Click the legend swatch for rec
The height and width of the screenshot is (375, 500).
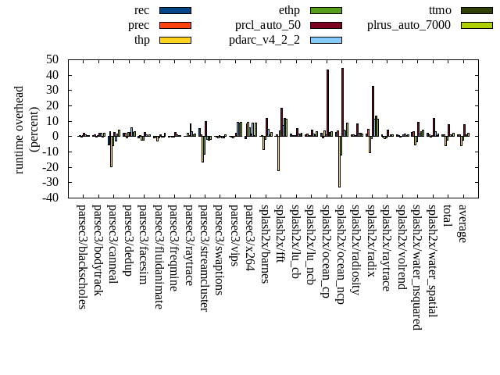[x=175, y=10]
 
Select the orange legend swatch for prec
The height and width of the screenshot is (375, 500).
[x=175, y=25]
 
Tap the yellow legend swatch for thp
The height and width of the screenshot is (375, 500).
[x=175, y=40]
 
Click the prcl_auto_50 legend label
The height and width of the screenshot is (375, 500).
[x=268, y=25]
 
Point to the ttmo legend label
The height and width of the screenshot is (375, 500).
[x=445, y=10]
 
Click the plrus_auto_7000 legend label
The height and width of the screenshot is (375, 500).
[x=409, y=25]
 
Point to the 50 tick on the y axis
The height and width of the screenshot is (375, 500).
[x=53, y=59]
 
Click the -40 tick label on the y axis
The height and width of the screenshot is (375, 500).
[x=51, y=198]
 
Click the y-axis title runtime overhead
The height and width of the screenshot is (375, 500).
[x=20, y=129]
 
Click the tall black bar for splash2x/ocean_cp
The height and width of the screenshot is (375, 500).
[x=327, y=102]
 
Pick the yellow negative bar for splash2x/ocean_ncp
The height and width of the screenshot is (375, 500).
[x=339, y=161]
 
